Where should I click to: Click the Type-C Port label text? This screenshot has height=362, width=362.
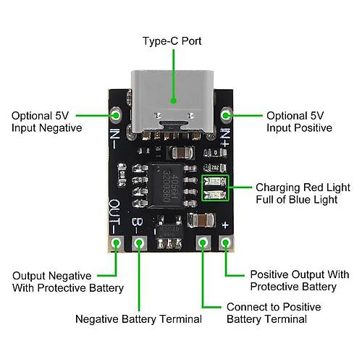pos(172,41)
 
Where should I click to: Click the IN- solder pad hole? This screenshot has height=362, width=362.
pos(116,115)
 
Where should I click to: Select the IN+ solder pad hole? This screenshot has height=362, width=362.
pos(226,115)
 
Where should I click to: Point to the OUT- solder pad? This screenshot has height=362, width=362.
pos(116,243)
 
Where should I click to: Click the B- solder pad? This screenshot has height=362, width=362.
pos(139,243)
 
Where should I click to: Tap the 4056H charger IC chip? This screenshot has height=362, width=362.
pos(167,185)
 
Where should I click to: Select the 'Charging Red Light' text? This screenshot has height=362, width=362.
pos(303,188)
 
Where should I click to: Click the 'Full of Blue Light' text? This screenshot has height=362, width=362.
pos(297,200)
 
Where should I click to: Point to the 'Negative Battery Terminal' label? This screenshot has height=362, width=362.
pos(138,319)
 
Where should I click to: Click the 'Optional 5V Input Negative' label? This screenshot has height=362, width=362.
pos(47,122)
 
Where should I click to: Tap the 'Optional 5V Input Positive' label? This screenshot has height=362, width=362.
pos(300,122)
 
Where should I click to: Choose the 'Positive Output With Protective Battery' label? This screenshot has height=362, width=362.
pos(300,281)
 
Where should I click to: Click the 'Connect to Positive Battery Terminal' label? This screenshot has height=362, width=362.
pos(274,313)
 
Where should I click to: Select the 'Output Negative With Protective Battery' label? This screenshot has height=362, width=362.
pos(68,282)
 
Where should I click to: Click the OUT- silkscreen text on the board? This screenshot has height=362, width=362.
pos(114,216)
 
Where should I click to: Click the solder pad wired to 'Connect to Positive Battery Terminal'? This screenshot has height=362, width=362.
pos(203,243)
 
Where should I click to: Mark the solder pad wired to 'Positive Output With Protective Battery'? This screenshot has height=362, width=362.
pos(226,243)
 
